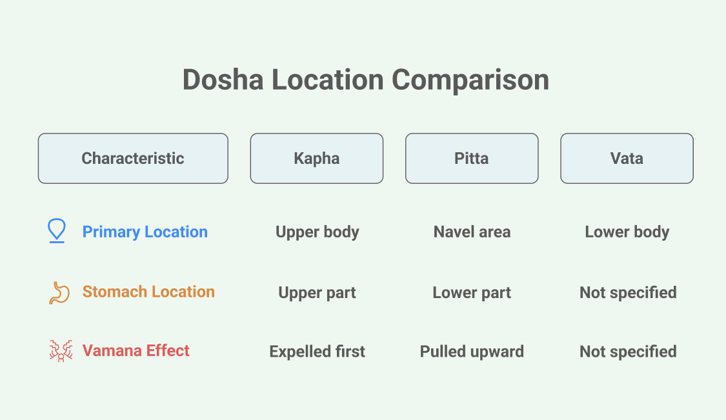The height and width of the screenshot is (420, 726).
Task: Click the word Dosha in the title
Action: coord(223,79)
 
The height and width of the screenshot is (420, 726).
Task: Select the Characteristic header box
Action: coord(133,158)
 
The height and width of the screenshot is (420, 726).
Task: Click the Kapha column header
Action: coord(317,158)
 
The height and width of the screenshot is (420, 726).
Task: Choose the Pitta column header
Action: coord(472,158)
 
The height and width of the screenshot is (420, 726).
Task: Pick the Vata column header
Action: coord(627,158)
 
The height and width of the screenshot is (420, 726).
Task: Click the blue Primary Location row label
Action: coord(145,232)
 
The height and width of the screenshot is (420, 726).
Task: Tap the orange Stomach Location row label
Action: coord(148,292)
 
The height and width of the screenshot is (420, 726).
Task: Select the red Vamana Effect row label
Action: coord(136,350)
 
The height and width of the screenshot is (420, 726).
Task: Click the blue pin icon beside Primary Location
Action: coord(57,230)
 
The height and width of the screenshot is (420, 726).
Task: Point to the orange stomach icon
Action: coord(59,293)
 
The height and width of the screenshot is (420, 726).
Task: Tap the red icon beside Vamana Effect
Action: coord(61,351)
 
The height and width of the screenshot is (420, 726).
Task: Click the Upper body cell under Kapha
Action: coord(317,232)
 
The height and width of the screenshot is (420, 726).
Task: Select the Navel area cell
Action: coord(472,232)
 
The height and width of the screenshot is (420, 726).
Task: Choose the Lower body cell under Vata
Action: coord(627,232)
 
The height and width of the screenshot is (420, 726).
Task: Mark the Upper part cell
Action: coord(317,293)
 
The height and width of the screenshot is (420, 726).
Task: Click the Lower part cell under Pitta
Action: coord(472,293)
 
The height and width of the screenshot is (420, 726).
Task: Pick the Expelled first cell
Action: coord(317,352)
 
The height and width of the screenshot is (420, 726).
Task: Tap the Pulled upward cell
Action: coord(472,352)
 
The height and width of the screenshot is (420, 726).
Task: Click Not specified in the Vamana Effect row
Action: coord(628,352)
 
